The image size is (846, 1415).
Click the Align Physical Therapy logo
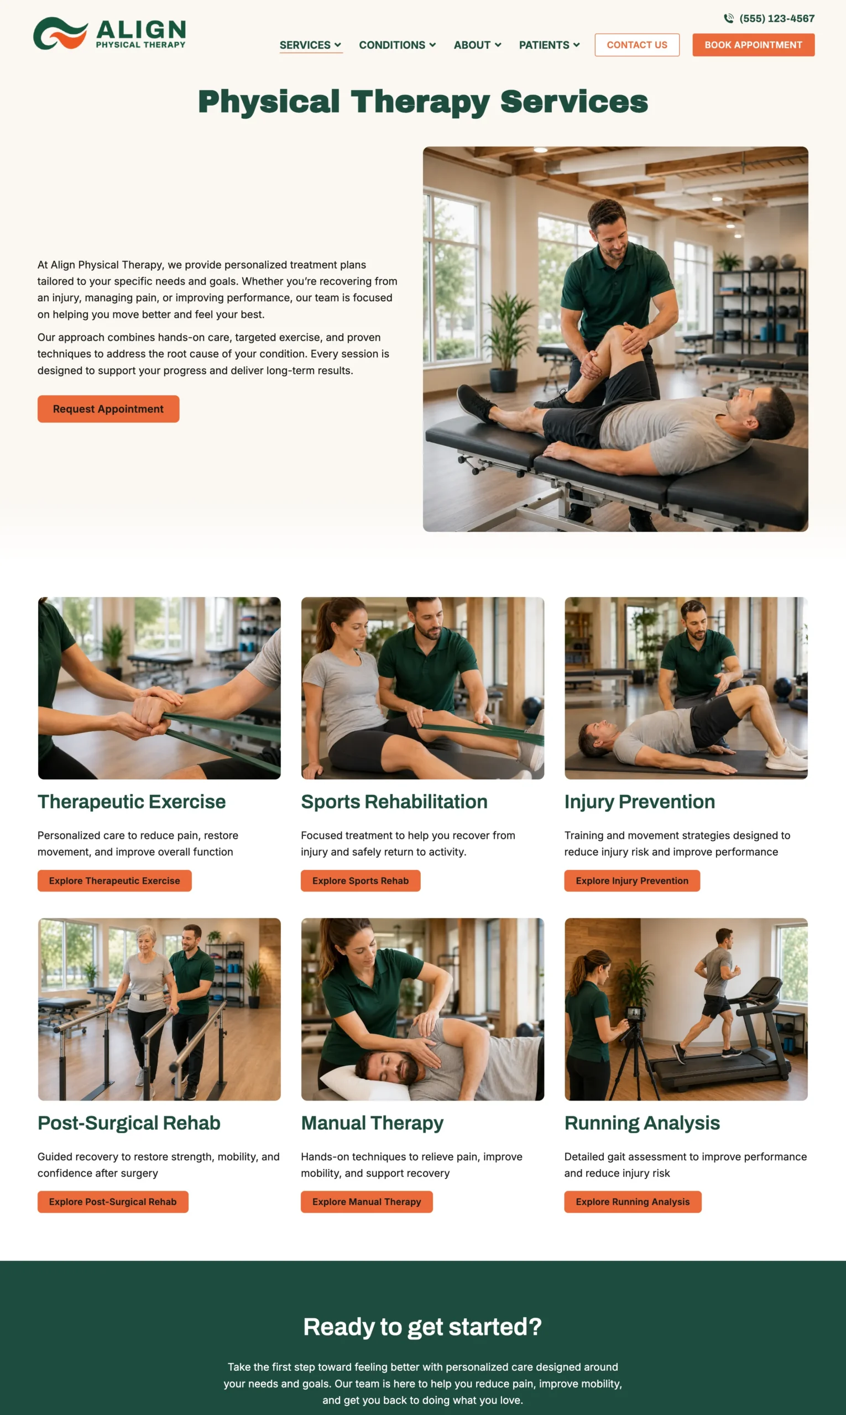point(109,33)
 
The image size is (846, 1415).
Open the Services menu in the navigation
point(310,45)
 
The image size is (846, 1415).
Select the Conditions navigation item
point(398,45)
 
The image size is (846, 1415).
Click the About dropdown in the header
point(477,45)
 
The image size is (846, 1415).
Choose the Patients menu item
point(549,45)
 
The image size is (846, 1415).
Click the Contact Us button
point(637,45)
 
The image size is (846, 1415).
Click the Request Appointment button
point(108,408)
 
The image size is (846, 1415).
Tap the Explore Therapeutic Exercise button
point(114,881)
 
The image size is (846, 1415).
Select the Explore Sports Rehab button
point(361,881)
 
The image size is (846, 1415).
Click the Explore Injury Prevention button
point(631,881)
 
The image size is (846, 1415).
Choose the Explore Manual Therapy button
point(367,1201)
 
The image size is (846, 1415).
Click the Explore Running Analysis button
point(633,1201)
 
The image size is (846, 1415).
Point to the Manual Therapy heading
point(372,1123)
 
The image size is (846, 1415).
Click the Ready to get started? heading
point(422,1327)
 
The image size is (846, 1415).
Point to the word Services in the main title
point(574,102)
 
